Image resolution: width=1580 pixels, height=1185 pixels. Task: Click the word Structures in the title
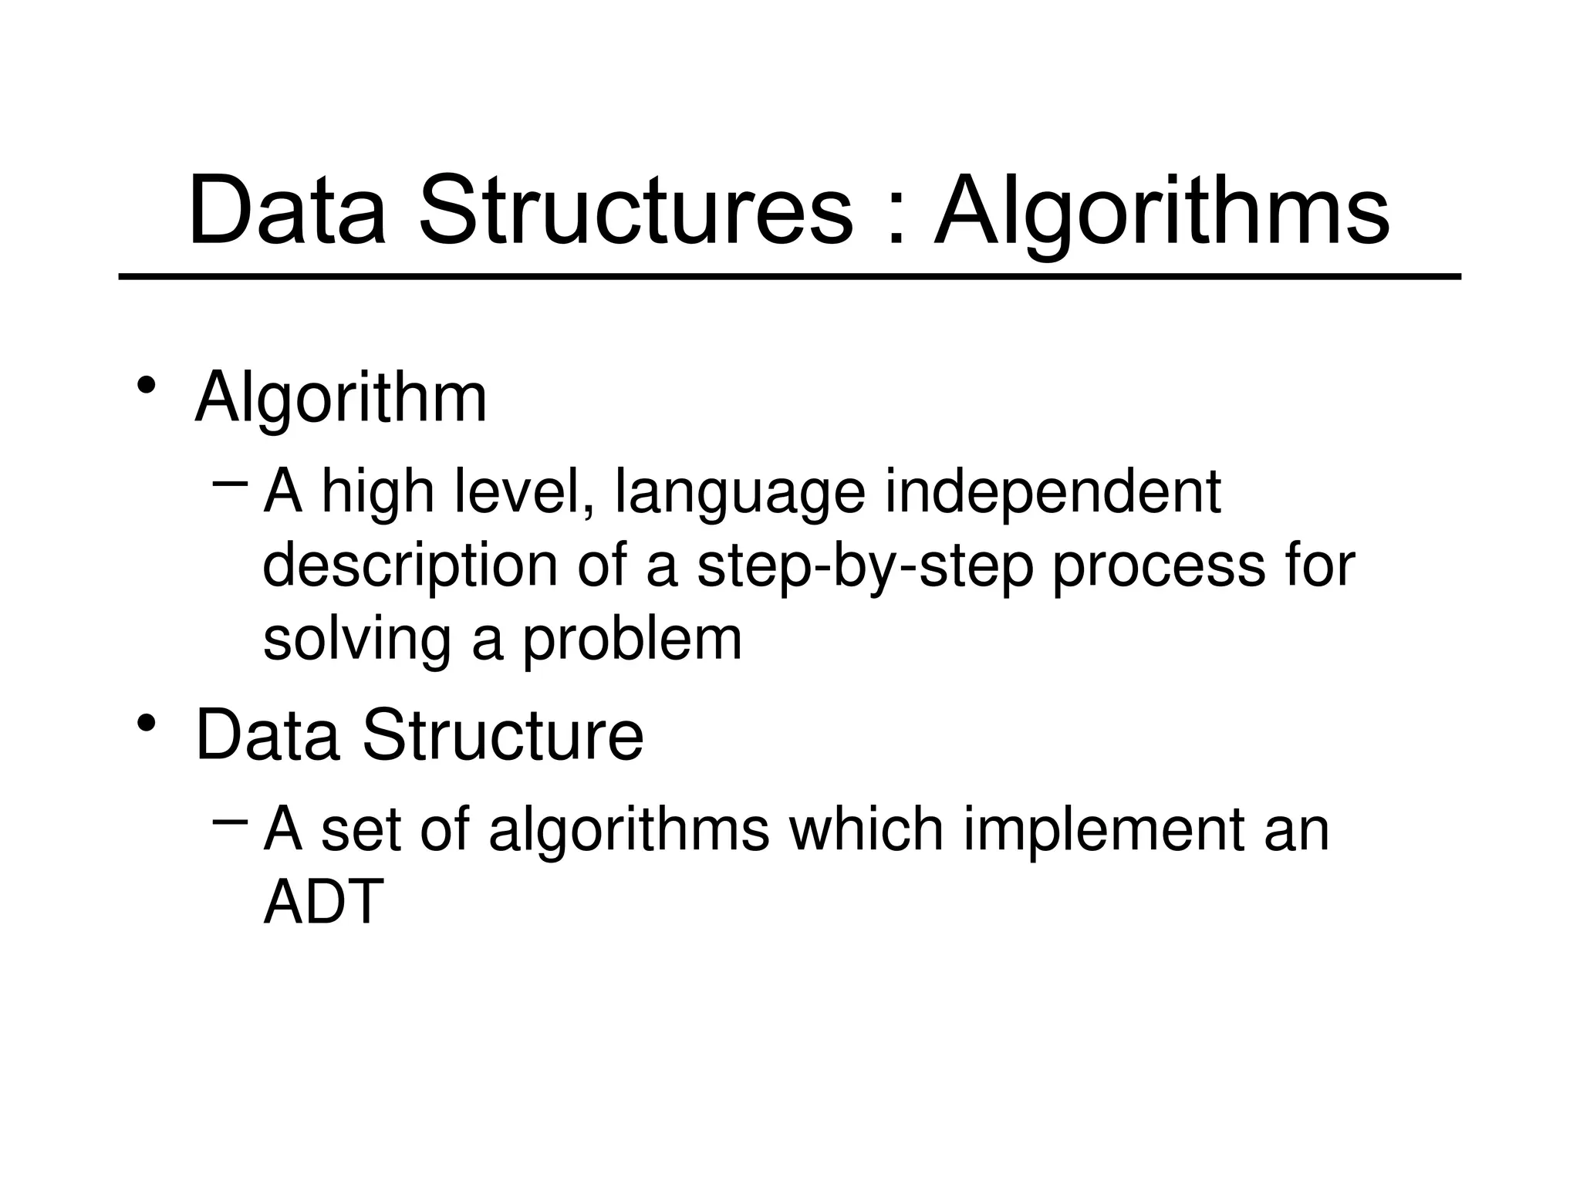[636, 210]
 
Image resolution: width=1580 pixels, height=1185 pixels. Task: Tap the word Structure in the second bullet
[502, 734]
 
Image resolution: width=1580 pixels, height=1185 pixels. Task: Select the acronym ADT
[323, 901]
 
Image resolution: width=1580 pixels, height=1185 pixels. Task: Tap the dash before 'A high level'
[229, 484]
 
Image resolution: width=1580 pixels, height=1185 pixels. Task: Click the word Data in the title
[286, 210]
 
